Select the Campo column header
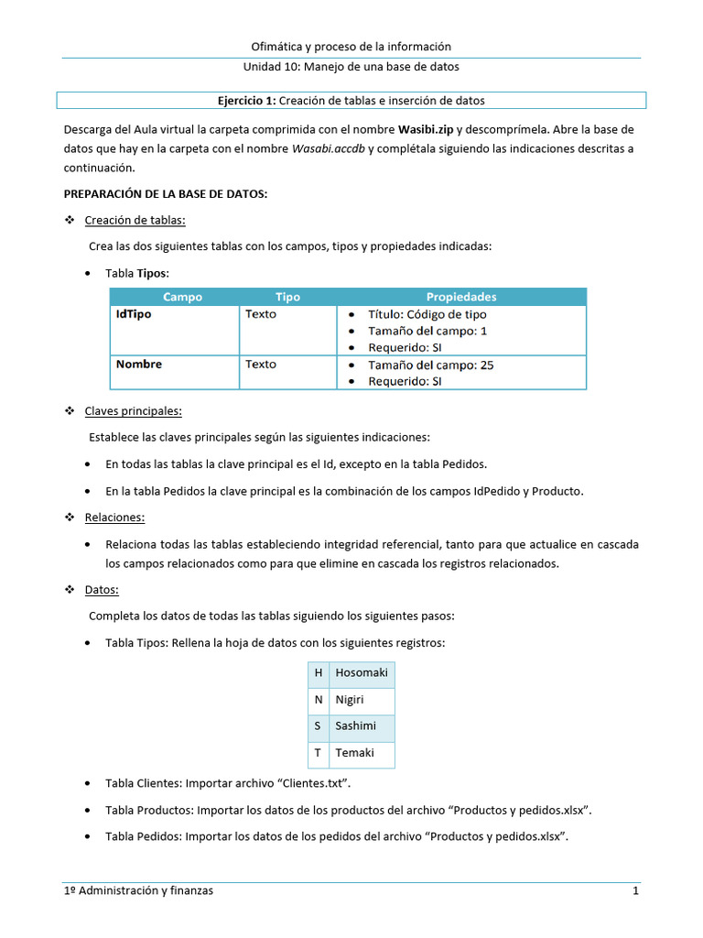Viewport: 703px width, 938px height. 182,297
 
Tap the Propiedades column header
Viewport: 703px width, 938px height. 461,297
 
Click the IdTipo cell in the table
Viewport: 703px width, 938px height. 134,314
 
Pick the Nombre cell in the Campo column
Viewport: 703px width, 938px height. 139,365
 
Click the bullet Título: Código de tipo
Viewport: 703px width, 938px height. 427,314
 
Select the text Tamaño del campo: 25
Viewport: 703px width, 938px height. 430,365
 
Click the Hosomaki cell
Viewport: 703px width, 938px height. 362,673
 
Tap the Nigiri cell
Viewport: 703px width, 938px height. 350,700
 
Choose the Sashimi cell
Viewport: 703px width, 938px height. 355,726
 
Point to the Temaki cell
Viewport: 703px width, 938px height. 353,753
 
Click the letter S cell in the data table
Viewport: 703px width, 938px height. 318,726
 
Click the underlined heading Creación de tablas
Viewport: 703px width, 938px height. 135,220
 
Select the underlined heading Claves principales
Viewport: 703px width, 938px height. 133,411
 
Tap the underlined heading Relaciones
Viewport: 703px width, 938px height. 114,518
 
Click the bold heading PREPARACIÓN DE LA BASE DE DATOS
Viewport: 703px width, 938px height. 165,194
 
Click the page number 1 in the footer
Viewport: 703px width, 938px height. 634,891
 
